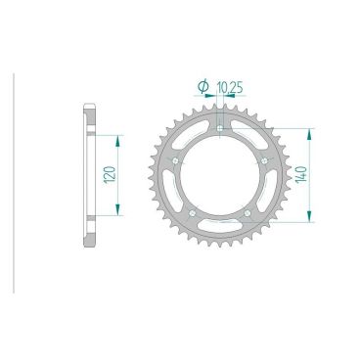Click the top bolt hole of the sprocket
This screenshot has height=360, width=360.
pos(221,128)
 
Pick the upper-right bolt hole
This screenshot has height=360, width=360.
pos(265,160)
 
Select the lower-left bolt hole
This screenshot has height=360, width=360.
pos(194,212)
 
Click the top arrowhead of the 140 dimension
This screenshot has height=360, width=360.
pos(312,127)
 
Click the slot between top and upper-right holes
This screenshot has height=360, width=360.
pos(252,132)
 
